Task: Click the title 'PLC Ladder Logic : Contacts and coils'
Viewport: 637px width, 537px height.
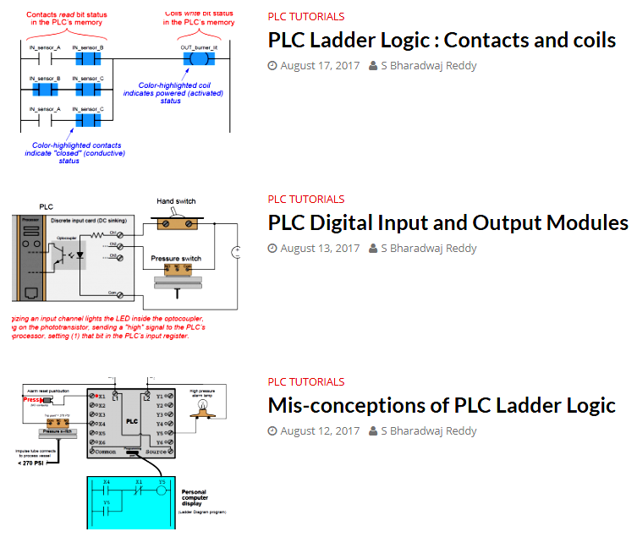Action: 442,40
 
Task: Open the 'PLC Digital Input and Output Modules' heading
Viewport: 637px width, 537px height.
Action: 448,222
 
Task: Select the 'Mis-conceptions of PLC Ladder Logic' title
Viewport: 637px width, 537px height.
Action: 442,405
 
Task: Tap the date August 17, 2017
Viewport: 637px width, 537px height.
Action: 320,66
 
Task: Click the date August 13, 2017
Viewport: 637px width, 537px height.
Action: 320,249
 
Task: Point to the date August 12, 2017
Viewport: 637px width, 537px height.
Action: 320,431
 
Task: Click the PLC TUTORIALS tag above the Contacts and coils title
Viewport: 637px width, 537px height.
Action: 306,16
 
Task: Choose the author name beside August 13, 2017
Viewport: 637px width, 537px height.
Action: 428,249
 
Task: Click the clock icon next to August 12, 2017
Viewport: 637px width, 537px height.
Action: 272,431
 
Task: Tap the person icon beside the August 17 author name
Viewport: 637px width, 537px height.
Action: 373,66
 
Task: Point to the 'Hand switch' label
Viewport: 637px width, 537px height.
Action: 177,200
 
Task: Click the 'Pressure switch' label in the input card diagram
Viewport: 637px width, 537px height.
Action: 175,258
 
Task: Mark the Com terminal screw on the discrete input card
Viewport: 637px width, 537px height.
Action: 121,294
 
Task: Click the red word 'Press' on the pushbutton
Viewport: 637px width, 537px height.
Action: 31,400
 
